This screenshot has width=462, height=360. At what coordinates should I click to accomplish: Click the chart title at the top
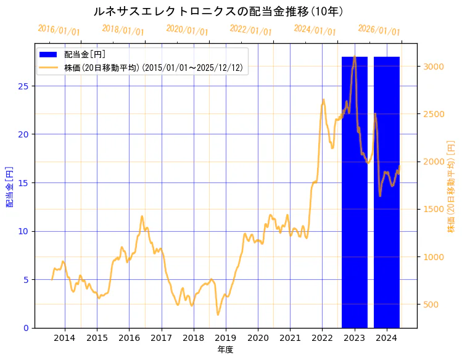coord(218,11)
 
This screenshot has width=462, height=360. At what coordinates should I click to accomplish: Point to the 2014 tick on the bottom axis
coord(65,337)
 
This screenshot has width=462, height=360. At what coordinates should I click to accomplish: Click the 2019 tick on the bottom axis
coord(226,337)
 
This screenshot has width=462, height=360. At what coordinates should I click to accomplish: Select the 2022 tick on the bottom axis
coord(322,337)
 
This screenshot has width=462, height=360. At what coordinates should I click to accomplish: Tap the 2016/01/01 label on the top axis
coord(59,30)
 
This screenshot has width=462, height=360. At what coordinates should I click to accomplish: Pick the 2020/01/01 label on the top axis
coord(187,30)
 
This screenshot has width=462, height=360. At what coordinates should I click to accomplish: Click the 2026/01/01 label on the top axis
coord(379,30)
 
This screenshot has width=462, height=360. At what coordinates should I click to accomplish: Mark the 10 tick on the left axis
coord(24,231)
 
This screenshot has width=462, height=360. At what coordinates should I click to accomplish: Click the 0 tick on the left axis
coord(27,328)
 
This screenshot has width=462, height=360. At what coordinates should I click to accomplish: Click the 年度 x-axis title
coord(225,350)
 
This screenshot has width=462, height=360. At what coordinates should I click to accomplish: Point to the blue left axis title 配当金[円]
coord(9,186)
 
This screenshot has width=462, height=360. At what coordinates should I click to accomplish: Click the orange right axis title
coord(451,186)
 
